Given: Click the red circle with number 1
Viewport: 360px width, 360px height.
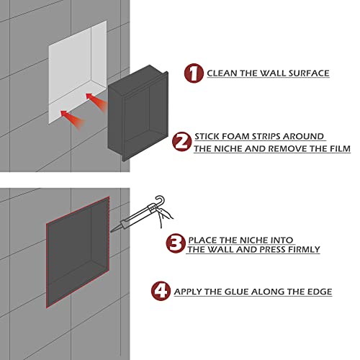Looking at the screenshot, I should pyautogui.click(x=192, y=73).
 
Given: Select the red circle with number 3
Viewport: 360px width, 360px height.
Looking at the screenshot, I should pyautogui.click(x=174, y=243).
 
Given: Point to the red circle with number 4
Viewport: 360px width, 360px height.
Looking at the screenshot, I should pyautogui.click(x=161, y=292).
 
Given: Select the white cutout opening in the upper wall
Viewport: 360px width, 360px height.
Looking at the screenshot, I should pyautogui.click(x=76, y=72).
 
